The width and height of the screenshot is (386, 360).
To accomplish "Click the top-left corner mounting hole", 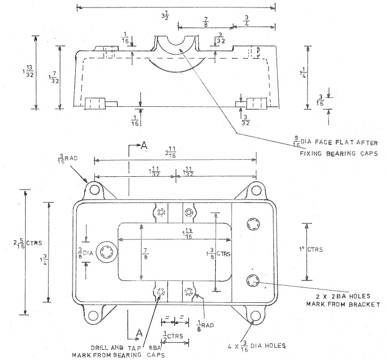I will tap(94, 190).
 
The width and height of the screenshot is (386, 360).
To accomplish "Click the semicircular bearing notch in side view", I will tap(178, 44).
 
